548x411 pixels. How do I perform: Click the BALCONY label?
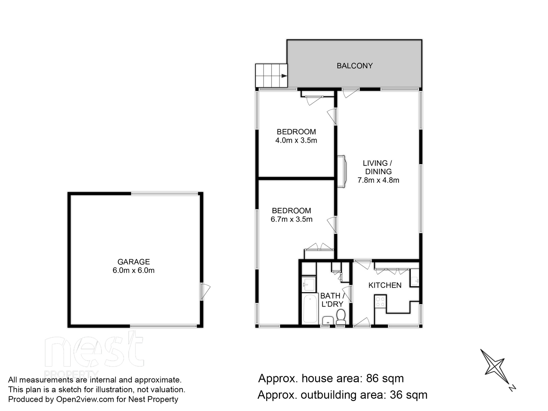point(354,66)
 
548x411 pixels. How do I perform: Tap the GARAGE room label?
point(134,262)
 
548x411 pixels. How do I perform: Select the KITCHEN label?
point(385,285)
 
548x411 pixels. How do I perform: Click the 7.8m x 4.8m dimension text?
point(378,180)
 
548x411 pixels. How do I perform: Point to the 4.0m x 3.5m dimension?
point(296,140)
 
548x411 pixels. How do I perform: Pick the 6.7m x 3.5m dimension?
point(291,219)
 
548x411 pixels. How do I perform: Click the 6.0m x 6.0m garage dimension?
point(134,270)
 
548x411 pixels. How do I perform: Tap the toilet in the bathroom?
point(341,316)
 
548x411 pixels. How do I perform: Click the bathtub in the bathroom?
point(310,309)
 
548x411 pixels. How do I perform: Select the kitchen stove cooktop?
point(380,301)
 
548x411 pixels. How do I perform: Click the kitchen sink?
point(414,278)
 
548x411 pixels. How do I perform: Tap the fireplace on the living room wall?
point(342,172)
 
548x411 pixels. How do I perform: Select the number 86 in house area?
point(373,378)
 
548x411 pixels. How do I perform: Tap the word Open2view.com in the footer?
point(85,399)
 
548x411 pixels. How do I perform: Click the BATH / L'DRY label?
point(332,300)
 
